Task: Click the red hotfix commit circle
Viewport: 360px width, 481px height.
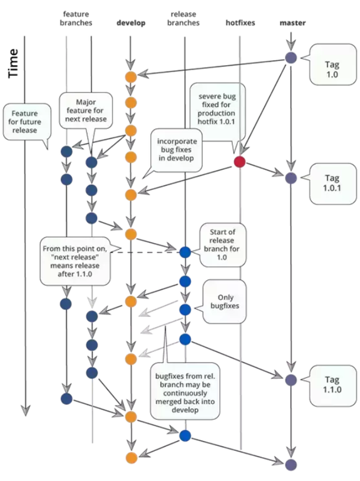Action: click(240, 162)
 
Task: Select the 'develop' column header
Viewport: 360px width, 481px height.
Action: click(131, 23)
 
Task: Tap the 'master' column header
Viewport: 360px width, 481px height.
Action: click(292, 23)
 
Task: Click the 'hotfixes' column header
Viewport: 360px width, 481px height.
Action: click(240, 23)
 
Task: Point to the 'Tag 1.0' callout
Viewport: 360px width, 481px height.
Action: click(332, 65)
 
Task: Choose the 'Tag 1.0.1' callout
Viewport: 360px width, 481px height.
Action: click(332, 184)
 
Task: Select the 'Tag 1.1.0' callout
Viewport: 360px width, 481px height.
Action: click(332, 385)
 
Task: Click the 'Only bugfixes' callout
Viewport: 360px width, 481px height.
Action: click(225, 301)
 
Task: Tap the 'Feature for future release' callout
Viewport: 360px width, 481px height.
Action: click(27, 122)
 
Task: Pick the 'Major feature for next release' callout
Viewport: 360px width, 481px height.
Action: click(86, 110)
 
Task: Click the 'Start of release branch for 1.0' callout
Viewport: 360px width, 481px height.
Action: click(223, 245)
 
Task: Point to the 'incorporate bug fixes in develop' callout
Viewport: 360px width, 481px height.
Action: click(176, 150)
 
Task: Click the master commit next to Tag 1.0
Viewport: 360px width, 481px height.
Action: click(291, 58)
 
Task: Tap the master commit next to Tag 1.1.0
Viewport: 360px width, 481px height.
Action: click(291, 380)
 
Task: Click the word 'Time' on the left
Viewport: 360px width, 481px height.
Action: click(13, 63)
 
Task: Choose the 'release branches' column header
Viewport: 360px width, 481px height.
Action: click(183, 18)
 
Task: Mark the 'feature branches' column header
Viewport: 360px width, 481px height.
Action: click(76, 18)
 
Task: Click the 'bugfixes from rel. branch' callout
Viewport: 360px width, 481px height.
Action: click(185, 391)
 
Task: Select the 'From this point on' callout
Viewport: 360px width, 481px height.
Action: click(75, 261)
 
